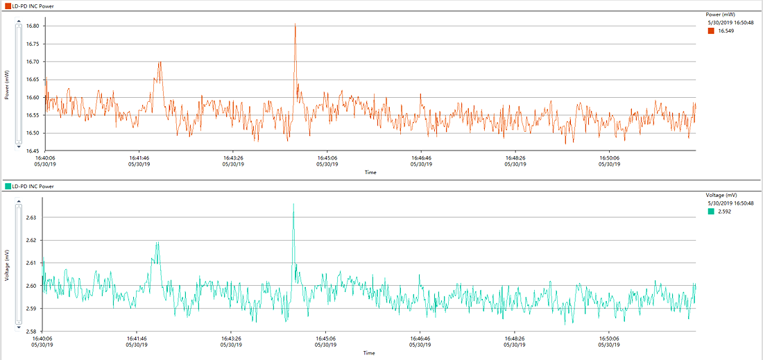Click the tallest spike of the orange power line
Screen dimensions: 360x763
click(x=295, y=25)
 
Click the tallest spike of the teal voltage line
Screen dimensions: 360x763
click(x=293, y=204)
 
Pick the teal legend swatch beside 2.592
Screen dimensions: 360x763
click(x=711, y=212)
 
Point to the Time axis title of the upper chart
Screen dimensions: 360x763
click(x=370, y=172)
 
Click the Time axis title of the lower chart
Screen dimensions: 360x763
click(x=369, y=352)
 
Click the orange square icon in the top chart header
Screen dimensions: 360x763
click(x=8, y=6)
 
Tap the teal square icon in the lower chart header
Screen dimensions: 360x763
click(x=8, y=187)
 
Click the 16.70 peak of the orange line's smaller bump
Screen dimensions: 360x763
click(x=160, y=62)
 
